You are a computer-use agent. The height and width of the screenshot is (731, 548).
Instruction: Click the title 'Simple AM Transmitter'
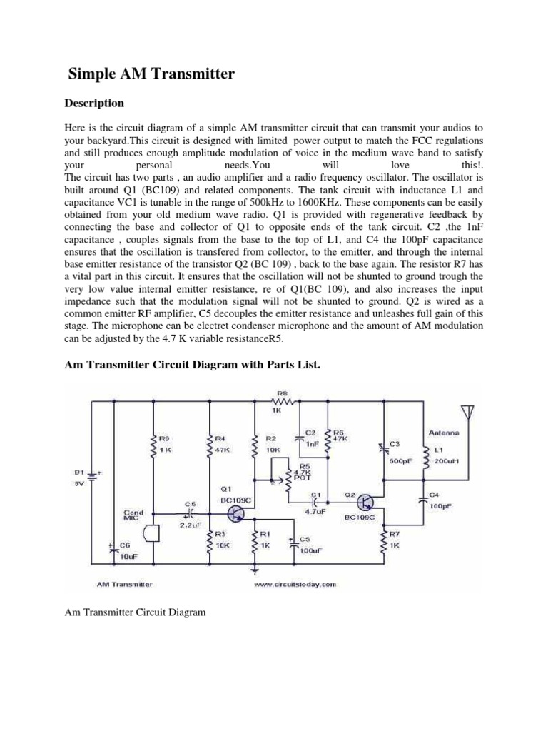[x=151, y=74]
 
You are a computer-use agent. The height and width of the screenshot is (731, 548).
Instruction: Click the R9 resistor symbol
[x=152, y=447]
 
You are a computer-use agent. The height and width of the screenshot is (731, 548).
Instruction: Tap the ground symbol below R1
[x=255, y=570]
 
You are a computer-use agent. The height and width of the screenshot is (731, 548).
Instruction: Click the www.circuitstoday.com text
[x=295, y=584]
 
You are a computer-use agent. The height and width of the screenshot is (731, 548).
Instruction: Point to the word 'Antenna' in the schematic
[x=444, y=433]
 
